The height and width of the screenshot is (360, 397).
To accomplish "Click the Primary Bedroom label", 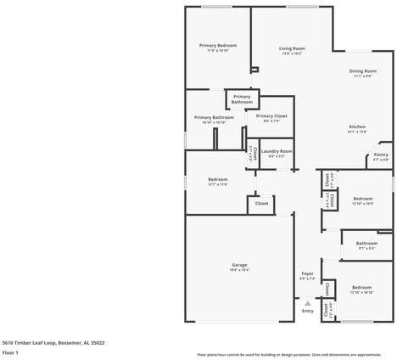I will [x=218, y=45].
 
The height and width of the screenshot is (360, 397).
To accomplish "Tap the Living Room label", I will [x=292, y=48].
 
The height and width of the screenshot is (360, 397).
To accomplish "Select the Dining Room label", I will [x=363, y=71].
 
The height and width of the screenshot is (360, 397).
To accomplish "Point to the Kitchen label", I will [x=357, y=127].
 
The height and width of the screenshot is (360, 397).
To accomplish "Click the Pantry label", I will [x=381, y=155].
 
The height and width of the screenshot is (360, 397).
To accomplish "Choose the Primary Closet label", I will [x=271, y=115].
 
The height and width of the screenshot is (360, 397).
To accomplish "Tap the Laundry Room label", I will [x=277, y=151].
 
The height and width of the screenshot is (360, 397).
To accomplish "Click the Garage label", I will [x=239, y=265].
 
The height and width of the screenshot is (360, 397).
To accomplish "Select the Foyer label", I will [x=307, y=273].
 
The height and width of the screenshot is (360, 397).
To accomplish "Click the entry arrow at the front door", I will [x=307, y=302].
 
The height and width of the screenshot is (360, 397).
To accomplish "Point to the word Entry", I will [x=307, y=311].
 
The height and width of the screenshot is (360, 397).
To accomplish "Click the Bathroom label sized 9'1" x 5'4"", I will [x=366, y=245].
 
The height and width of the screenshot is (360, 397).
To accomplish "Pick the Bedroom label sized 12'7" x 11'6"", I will [x=218, y=179].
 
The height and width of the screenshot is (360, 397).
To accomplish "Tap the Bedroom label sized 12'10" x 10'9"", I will [x=362, y=198].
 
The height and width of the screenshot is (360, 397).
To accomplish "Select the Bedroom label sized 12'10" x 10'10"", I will [x=362, y=287].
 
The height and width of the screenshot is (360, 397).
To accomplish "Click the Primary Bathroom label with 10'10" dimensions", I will [x=213, y=117].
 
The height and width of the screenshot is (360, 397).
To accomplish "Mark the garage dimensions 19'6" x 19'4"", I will [x=239, y=270].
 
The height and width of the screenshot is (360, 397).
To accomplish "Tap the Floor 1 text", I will [x=10, y=352].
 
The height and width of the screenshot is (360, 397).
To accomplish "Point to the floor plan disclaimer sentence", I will [x=288, y=354].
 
